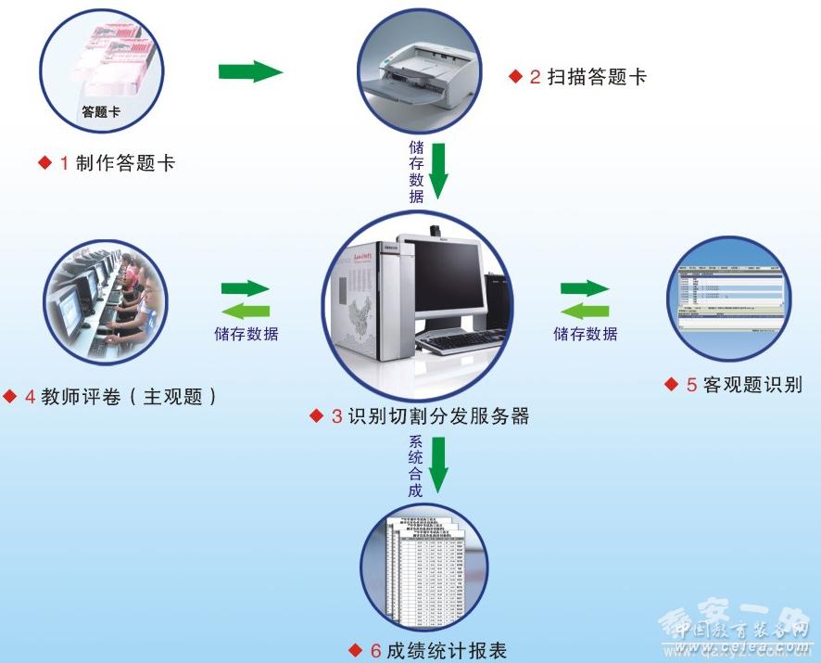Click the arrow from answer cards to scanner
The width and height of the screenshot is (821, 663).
click(x=250, y=71)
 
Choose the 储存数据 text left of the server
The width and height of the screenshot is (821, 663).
click(x=246, y=334)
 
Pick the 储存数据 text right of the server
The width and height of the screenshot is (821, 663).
click(x=586, y=334)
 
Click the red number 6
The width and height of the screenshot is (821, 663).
click(x=375, y=651)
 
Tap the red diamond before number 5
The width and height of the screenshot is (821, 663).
click(x=672, y=384)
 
